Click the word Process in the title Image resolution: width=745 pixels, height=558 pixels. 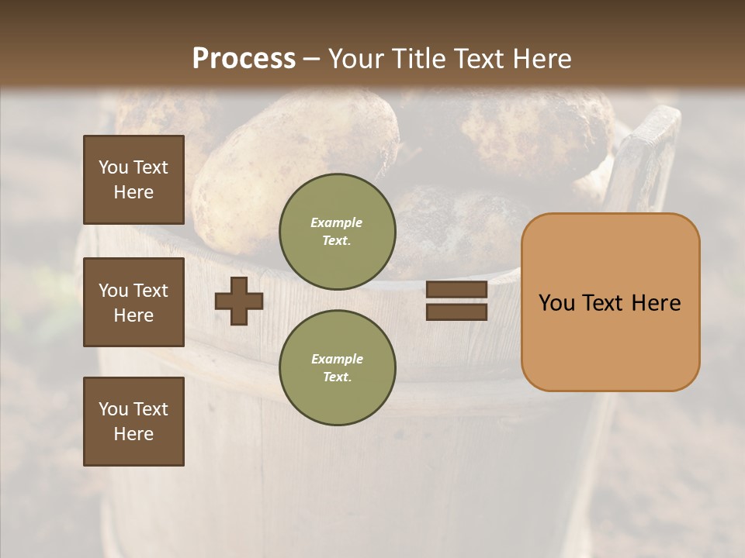[244, 59]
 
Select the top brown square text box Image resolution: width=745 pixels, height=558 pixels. [133, 180]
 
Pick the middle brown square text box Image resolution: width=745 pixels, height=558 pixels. [133, 302]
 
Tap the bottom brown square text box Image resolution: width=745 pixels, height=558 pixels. [133, 421]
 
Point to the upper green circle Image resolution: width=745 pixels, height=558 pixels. [337, 231]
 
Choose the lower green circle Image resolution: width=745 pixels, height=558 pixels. [337, 367]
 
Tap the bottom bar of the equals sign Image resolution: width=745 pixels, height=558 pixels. [456, 312]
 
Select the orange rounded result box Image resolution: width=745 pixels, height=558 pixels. [610, 302]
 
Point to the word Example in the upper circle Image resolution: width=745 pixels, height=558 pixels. [336, 222]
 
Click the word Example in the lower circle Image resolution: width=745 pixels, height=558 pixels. [336, 359]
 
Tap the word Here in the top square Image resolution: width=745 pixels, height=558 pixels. [133, 192]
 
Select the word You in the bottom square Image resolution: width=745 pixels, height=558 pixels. [113, 408]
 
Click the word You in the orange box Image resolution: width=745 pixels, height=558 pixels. [556, 303]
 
